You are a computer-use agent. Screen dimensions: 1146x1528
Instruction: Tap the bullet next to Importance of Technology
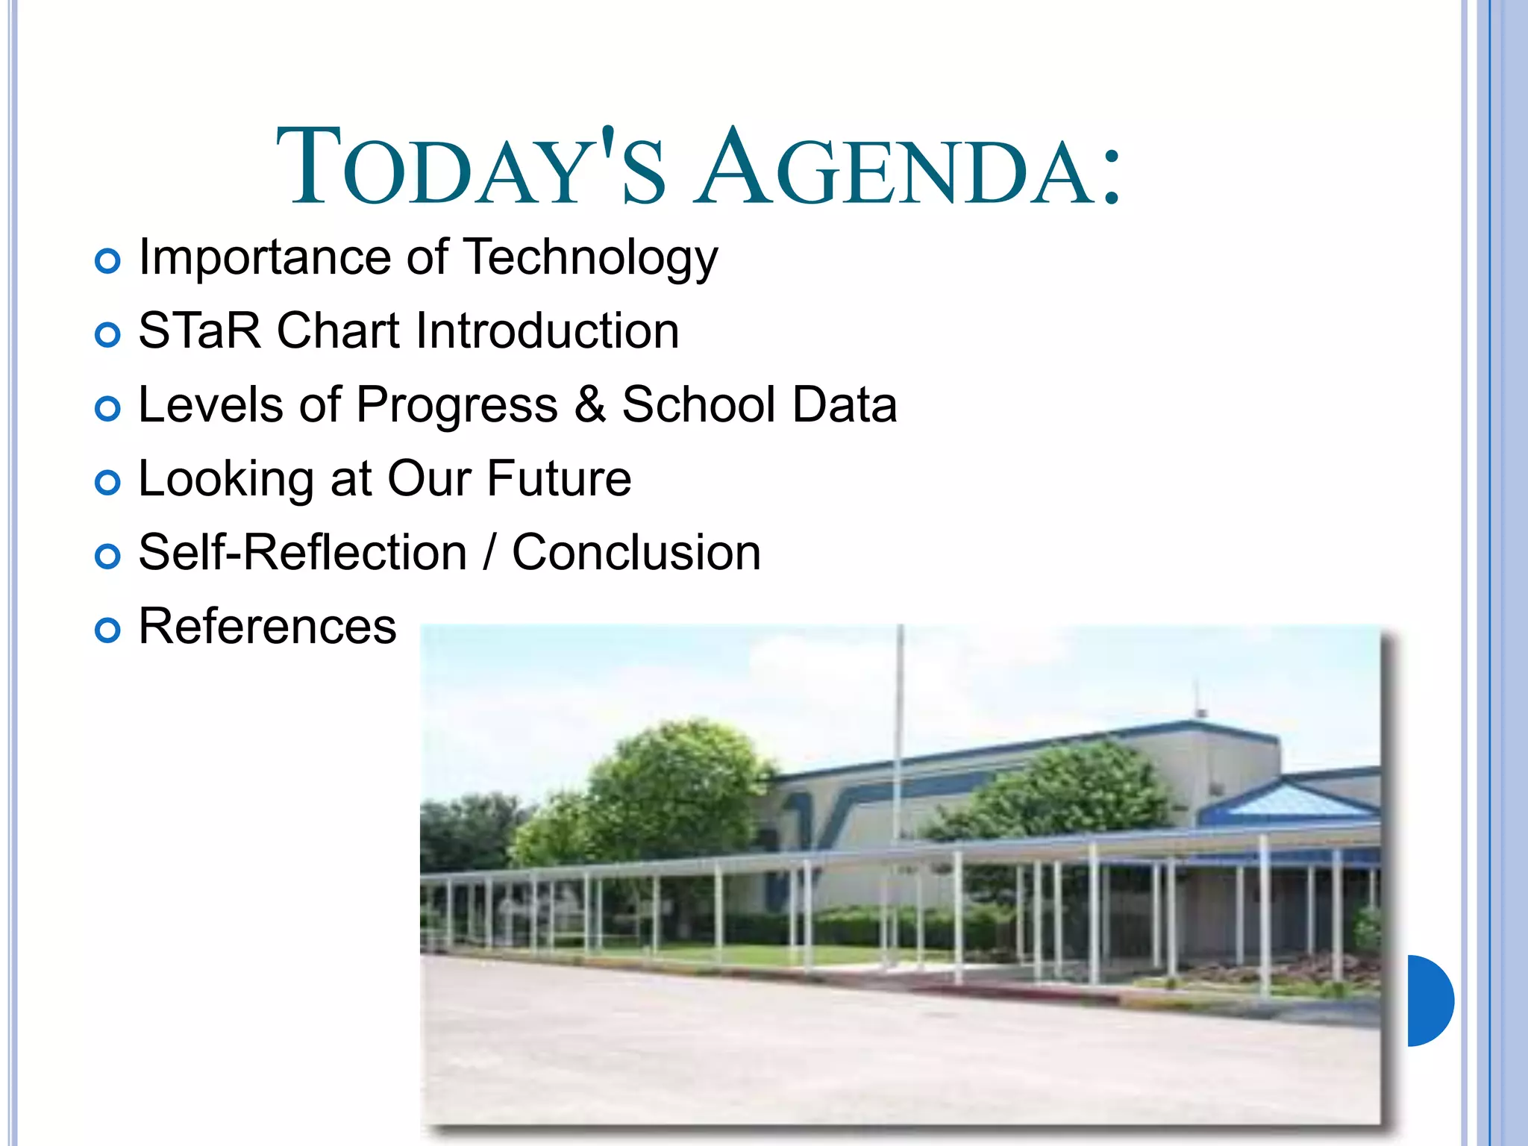click(x=108, y=261)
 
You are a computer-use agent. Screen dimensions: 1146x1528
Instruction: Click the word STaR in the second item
click(x=199, y=331)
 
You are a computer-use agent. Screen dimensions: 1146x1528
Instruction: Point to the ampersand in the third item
click(x=589, y=405)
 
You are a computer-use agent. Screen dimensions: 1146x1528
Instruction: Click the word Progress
click(x=457, y=405)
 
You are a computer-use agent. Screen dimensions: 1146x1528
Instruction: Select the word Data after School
click(x=844, y=405)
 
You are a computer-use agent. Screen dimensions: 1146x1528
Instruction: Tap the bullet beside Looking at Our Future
click(x=108, y=483)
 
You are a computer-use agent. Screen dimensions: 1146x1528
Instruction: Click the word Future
click(x=559, y=478)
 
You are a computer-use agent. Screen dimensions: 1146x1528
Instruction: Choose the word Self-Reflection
click(x=303, y=553)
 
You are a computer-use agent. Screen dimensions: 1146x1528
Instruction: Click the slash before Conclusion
click(x=489, y=553)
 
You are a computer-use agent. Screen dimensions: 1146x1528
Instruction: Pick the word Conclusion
click(x=636, y=553)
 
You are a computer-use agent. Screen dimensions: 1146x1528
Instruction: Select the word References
click(x=267, y=626)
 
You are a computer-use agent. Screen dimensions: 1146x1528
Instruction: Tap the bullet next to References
click(x=108, y=630)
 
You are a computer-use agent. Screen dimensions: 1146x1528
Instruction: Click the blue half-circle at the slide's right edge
click(x=1429, y=1001)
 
